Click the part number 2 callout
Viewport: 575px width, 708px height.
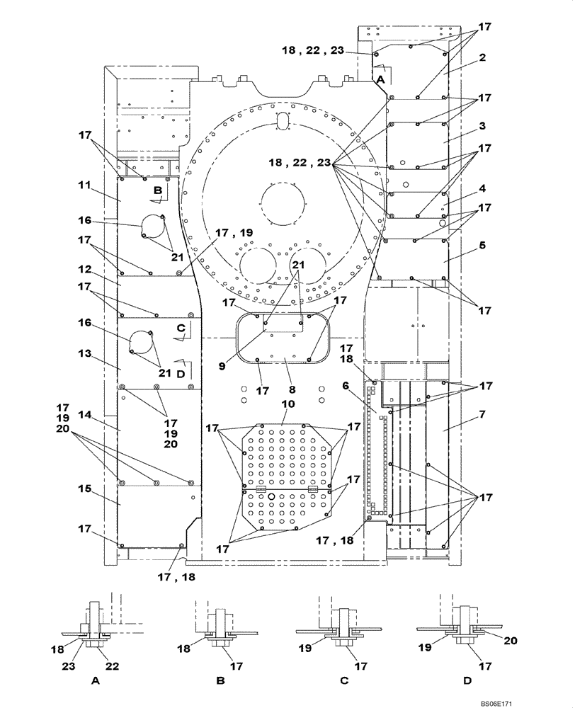pos(482,57)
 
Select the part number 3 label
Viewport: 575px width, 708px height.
pos(482,125)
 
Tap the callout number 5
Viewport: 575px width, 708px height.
pos(482,246)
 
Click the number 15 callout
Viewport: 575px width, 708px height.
pos(84,489)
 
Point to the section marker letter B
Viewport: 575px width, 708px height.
pos(158,190)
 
